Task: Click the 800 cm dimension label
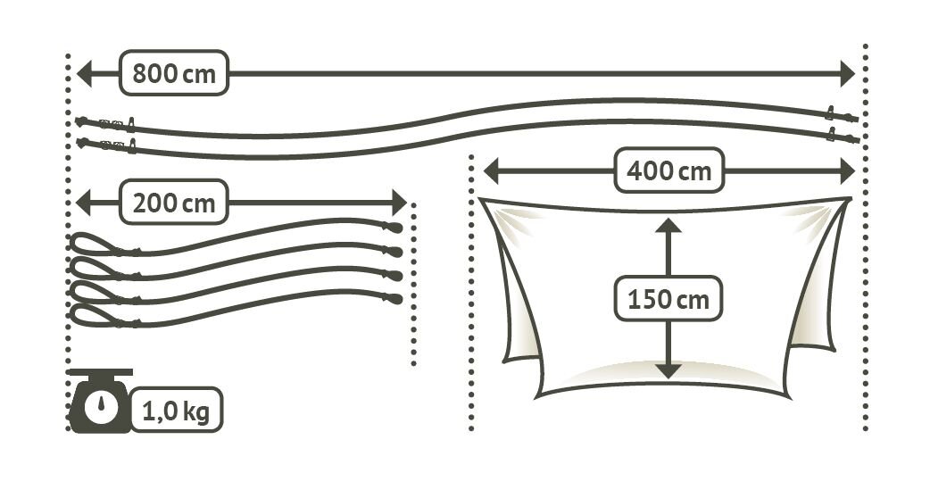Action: click(x=174, y=73)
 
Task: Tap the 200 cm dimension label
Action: click(x=174, y=203)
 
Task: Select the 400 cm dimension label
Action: click(x=668, y=170)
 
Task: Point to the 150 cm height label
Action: click(x=668, y=298)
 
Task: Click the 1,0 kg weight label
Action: click(x=178, y=412)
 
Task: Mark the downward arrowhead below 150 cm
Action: click(x=668, y=372)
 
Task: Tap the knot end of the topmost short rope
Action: click(x=394, y=228)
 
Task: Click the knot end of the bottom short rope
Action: click(x=394, y=298)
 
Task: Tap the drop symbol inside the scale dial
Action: click(x=100, y=406)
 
